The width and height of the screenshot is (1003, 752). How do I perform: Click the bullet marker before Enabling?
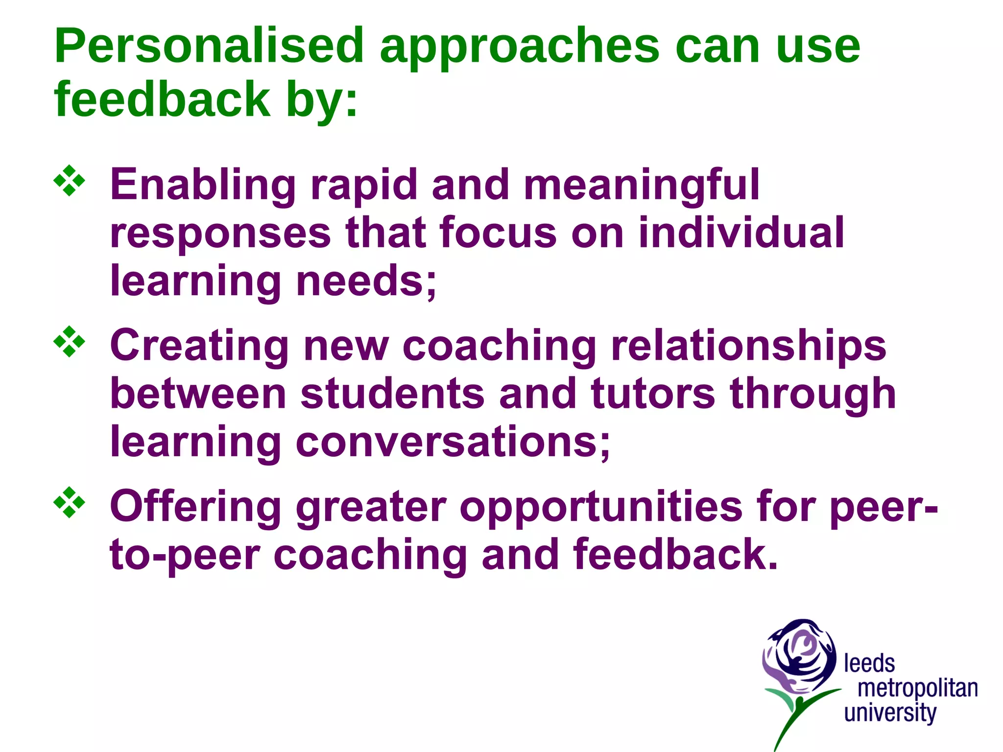coord(69,181)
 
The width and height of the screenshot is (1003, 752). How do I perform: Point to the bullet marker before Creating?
coord(69,341)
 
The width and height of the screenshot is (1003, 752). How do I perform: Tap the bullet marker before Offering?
coord(69,502)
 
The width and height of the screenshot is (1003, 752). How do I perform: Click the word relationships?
coord(749,346)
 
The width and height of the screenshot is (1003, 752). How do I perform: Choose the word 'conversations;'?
coord(453,442)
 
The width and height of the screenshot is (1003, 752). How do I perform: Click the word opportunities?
coord(601,506)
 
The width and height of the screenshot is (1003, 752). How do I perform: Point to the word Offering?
coord(195,507)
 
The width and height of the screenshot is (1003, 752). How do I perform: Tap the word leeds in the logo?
coord(869,664)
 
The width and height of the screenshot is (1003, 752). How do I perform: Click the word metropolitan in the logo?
coord(917,688)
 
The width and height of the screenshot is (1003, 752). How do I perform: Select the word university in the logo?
coord(890,713)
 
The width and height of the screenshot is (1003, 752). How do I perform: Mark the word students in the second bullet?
coord(392,394)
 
